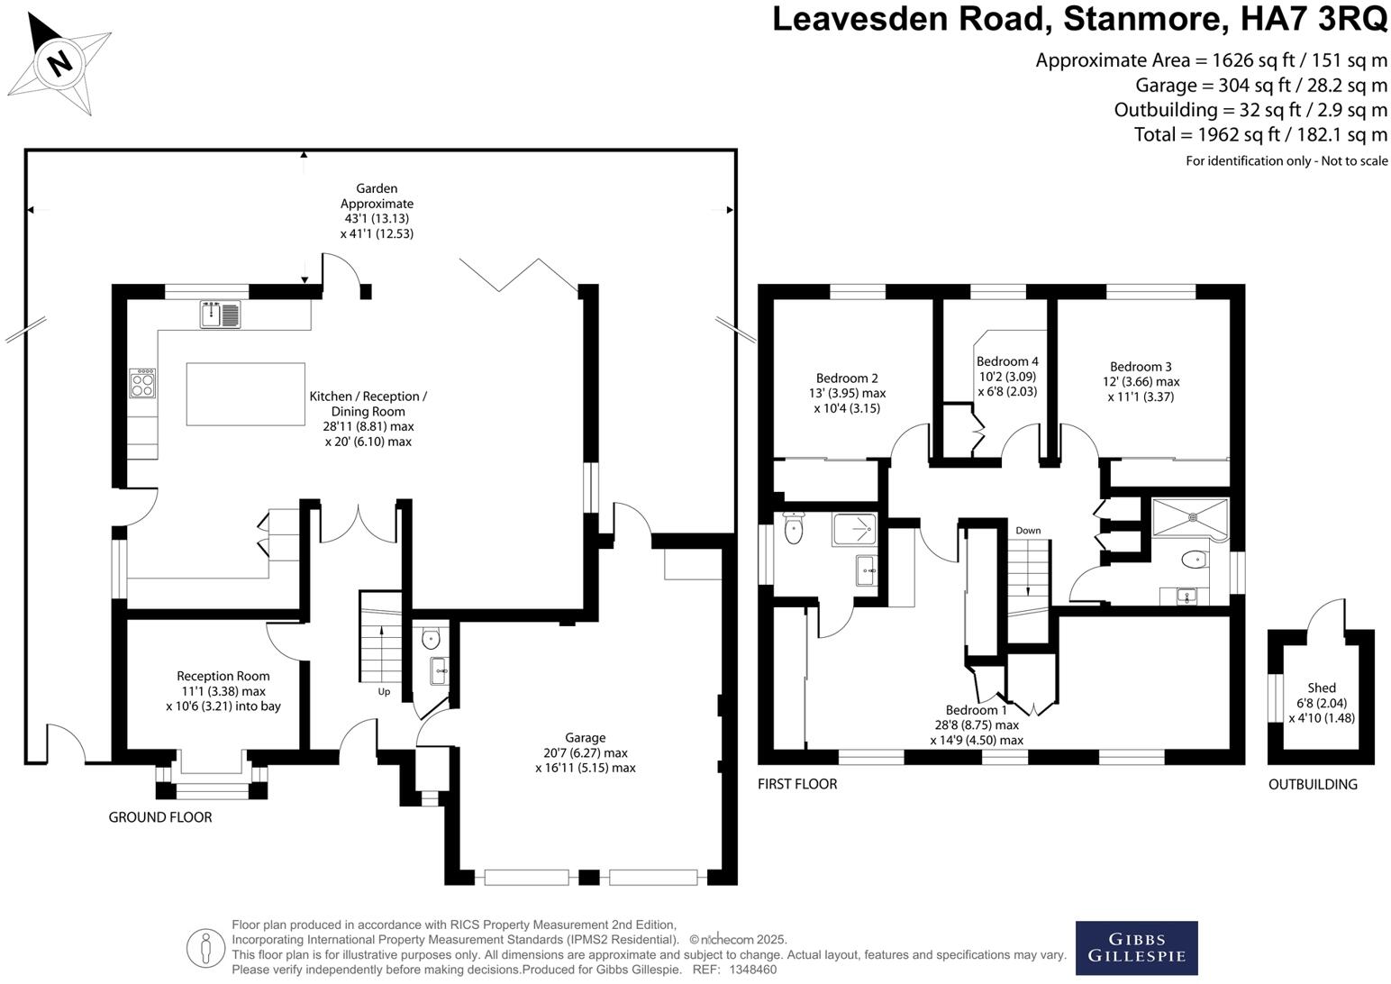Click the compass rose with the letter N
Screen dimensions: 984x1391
(60, 63)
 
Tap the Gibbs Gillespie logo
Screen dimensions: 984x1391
(1136, 947)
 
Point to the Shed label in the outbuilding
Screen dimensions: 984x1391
(1322, 688)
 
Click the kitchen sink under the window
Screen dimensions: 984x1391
(221, 314)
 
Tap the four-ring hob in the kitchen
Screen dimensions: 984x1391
(142, 384)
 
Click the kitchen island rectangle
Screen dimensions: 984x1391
(245, 393)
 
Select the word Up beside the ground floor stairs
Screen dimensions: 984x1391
(384, 692)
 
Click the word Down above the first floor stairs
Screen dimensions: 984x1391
(1028, 531)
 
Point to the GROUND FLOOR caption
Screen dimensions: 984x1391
(160, 817)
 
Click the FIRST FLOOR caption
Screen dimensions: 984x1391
(797, 784)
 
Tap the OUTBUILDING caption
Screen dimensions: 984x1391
(1313, 784)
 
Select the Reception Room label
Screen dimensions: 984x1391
(223, 676)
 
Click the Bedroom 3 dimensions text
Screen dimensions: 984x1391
(1141, 388)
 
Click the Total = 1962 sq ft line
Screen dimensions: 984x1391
(1259, 135)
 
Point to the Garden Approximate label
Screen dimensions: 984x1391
(377, 196)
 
